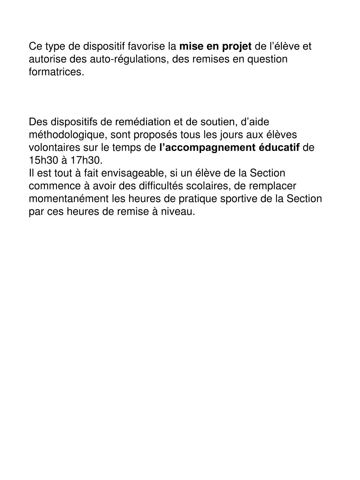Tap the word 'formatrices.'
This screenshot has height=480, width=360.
57,72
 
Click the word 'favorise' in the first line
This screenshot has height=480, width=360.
146,46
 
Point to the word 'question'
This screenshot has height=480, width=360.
268,59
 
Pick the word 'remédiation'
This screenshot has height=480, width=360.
143,122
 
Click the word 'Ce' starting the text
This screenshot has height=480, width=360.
34,46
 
